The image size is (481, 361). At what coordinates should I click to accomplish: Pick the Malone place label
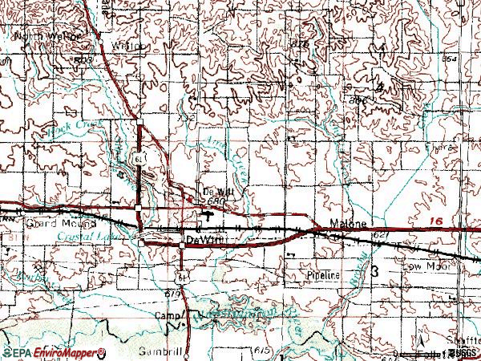[x=349, y=225]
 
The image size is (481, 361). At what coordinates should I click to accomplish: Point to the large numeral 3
[x=375, y=274]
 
